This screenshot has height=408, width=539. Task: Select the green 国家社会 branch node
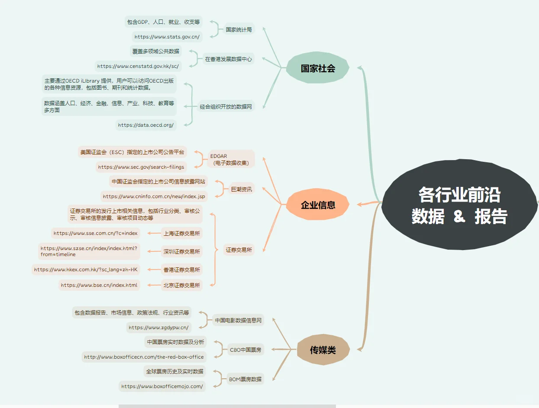318,68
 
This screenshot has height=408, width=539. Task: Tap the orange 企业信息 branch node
318,205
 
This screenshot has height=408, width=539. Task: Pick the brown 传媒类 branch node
323,350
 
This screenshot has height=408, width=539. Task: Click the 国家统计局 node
239,30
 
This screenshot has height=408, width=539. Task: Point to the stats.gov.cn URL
167,37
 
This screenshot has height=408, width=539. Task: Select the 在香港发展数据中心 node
228,59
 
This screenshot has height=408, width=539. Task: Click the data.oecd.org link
146,125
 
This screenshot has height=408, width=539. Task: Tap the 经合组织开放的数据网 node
226,106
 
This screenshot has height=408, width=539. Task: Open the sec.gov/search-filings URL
141,167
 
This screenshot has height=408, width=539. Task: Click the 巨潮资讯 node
241,189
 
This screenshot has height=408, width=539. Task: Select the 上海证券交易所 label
182,233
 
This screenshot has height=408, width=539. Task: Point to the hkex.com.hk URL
86,270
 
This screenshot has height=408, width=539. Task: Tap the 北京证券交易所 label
182,285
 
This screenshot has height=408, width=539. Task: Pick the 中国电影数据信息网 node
239,321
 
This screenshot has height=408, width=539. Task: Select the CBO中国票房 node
245,350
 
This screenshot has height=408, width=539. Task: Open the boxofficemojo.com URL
162,386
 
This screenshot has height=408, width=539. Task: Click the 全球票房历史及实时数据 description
174,371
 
